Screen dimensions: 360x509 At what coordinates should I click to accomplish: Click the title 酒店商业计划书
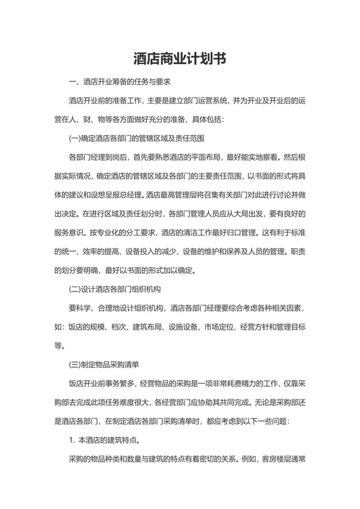[x=180, y=58]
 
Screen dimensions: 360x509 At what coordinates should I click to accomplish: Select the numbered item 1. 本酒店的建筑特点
[x=105, y=439]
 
